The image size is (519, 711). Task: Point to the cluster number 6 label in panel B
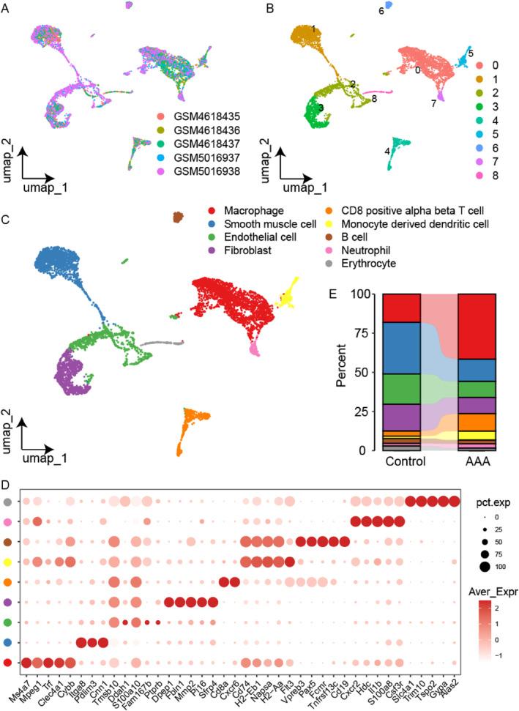(x=381, y=10)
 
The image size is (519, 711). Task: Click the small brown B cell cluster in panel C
(x=176, y=217)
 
